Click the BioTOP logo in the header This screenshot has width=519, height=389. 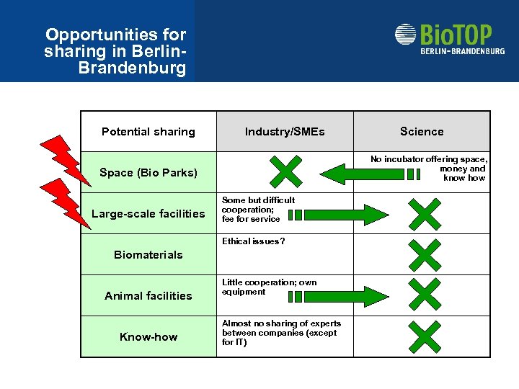[x=449, y=40]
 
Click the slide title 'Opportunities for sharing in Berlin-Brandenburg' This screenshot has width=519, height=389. [x=115, y=52]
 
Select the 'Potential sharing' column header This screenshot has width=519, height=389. [x=148, y=131]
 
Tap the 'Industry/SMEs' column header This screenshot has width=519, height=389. [x=285, y=131]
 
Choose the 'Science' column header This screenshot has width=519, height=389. [x=422, y=131]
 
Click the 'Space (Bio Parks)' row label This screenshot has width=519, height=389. [x=148, y=172]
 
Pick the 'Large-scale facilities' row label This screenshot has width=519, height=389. [x=148, y=213]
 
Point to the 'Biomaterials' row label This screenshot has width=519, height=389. [x=148, y=254]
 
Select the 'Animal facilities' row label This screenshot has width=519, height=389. [x=148, y=295]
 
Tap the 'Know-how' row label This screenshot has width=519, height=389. [x=148, y=336]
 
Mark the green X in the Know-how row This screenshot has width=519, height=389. [x=423, y=336]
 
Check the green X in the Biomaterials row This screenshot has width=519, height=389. [x=423, y=254]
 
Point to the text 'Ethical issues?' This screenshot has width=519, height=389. [x=253, y=241]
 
